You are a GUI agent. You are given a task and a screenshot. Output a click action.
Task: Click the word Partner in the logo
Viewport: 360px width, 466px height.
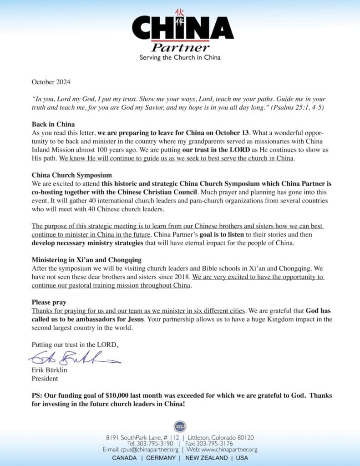(x=180, y=47)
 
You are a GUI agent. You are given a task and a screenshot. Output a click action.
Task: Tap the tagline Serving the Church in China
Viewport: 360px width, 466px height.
(x=180, y=58)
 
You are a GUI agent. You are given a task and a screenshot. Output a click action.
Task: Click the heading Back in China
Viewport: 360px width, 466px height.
(x=53, y=124)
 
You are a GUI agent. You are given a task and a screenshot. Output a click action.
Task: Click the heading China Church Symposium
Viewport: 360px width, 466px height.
(x=71, y=175)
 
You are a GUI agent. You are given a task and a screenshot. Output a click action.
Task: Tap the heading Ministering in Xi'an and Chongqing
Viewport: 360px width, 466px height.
(x=86, y=260)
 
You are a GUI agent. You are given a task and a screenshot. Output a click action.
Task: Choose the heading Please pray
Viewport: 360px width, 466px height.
(x=49, y=302)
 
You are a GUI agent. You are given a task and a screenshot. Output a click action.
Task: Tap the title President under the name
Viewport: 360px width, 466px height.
(x=45, y=378)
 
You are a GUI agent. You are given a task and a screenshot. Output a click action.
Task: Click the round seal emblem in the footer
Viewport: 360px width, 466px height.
(x=180, y=426)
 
